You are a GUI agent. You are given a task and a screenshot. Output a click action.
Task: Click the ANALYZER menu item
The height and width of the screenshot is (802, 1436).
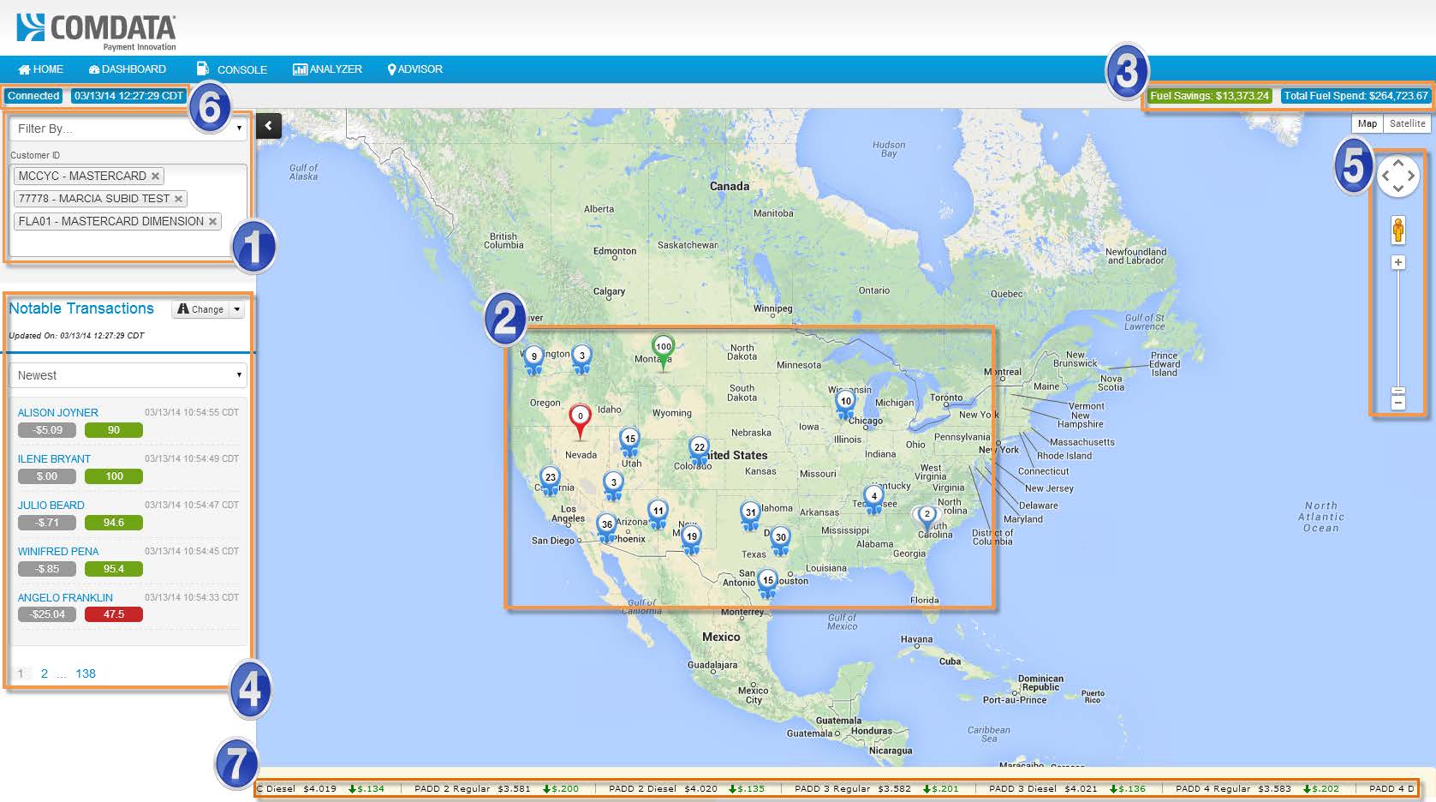pos(328,69)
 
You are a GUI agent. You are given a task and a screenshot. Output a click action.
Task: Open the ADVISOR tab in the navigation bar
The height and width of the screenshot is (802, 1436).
pos(415,69)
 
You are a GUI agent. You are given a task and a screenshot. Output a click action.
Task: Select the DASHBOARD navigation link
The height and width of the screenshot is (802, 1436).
pos(128,69)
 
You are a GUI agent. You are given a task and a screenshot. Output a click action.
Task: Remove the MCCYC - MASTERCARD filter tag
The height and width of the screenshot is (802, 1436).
pos(155,177)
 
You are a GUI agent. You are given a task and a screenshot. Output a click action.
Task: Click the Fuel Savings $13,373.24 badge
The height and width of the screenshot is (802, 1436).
pos(1209,96)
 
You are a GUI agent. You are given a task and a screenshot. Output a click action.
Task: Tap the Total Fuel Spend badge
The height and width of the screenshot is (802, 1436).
pos(1356,96)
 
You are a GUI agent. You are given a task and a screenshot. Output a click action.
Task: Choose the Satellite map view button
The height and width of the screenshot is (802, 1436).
pos(1407,123)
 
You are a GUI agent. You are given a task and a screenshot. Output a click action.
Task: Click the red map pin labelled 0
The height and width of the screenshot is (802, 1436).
pos(580,417)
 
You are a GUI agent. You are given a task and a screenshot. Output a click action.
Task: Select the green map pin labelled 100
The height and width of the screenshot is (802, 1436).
pos(663,348)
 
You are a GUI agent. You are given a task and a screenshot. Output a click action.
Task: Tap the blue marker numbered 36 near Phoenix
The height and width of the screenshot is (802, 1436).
pos(606,525)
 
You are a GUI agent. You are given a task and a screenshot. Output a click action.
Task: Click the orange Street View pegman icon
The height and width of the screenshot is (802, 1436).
pos(1398,230)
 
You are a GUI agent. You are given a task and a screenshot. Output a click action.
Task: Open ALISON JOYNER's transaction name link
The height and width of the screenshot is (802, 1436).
pos(57,412)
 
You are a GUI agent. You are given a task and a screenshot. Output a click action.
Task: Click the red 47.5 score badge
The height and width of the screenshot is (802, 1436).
pos(114,614)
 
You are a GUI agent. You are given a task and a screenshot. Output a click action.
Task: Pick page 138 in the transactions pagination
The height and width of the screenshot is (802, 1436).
pos(86,673)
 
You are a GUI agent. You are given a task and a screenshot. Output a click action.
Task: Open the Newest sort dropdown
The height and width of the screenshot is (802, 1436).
pos(128,375)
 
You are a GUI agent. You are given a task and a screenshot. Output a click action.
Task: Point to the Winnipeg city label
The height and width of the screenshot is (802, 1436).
pos(772,308)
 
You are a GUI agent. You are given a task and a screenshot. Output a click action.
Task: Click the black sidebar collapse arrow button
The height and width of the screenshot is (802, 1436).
pos(269,126)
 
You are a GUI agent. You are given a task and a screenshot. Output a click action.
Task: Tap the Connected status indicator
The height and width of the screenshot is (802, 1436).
pos(33,96)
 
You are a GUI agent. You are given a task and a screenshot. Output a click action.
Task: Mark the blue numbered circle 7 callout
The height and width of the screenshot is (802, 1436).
pos(236,763)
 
